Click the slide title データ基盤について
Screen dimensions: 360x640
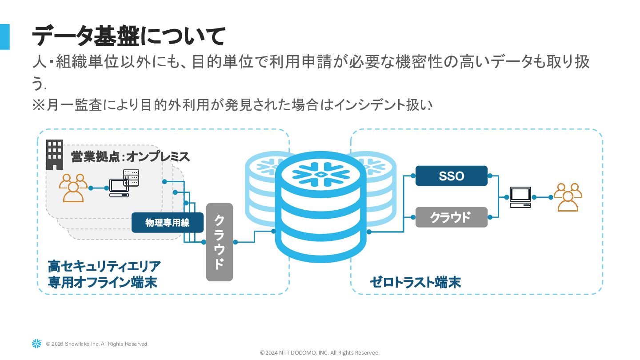click(129, 36)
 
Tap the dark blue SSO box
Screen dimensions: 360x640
click(451, 176)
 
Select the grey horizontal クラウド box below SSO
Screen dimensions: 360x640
click(451, 217)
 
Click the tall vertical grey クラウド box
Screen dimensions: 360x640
click(220, 242)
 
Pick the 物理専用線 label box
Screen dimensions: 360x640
click(167, 223)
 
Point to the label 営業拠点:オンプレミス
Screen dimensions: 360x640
click(131, 157)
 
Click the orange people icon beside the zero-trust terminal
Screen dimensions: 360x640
click(568, 197)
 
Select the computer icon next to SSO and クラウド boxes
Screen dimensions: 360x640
click(520, 197)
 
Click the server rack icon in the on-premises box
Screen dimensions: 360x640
click(131, 178)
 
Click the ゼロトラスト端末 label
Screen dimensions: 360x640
click(415, 282)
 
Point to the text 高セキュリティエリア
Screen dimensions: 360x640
click(104, 267)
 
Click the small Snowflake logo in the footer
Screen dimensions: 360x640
click(36, 344)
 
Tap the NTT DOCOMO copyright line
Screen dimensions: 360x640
click(320, 353)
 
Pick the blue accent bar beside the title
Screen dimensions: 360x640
click(4, 36)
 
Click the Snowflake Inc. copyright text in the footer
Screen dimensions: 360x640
click(96, 344)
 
